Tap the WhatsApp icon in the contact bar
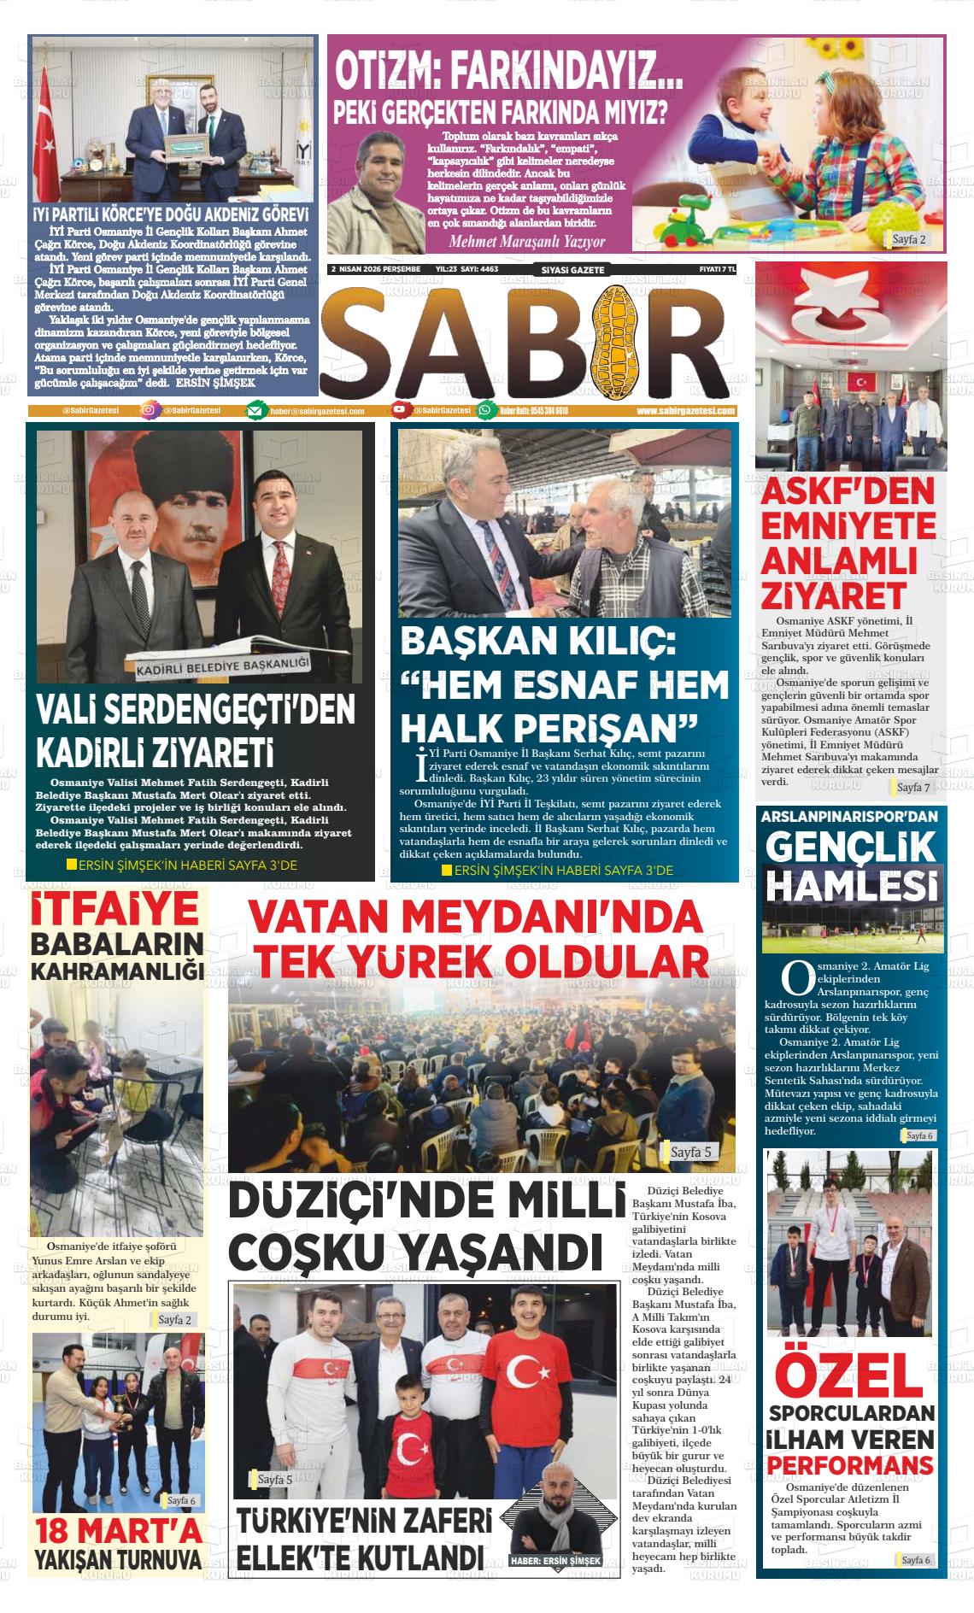point(486,411)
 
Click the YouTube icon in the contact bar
point(400,411)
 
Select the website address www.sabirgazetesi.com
point(685,411)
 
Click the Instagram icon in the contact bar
point(149,411)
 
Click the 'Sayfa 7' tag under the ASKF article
point(913,786)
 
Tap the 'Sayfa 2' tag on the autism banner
point(909,239)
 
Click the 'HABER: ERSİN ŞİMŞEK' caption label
point(554,1561)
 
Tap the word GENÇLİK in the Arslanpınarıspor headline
point(850,847)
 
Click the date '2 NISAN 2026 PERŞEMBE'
point(376,269)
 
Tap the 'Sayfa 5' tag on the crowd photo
point(690,1153)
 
